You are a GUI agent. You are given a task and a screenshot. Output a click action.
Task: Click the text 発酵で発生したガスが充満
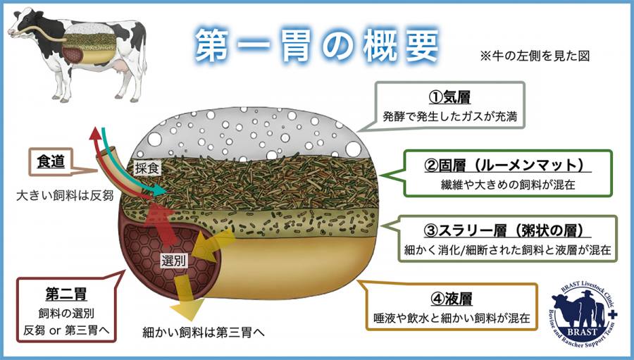(x=451, y=117)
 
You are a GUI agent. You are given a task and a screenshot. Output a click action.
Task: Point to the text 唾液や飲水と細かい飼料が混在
(x=452, y=318)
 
